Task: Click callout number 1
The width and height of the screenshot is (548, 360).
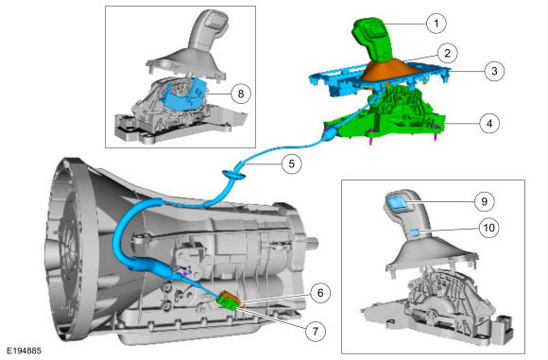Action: click(x=437, y=24)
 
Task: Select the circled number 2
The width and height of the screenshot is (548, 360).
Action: click(x=447, y=53)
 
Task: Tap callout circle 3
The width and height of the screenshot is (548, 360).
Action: click(x=494, y=71)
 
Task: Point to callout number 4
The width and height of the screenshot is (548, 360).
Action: click(x=489, y=123)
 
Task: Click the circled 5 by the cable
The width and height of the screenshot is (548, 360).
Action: click(x=292, y=163)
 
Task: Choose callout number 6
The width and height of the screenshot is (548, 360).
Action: click(x=320, y=293)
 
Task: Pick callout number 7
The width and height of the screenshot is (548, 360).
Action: click(x=316, y=331)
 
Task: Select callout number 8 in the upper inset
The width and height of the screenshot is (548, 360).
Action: click(x=240, y=94)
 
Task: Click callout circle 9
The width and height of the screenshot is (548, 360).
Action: click(x=484, y=201)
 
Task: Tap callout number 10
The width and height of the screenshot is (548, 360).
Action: click(x=488, y=228)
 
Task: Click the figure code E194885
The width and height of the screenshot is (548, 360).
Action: click(x=25, y=351)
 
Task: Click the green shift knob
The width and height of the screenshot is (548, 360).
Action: click(x=372, y=41)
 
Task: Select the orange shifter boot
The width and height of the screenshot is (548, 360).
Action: click(x=391, y=72)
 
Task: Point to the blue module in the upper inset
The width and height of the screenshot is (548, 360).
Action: click(x=182, y=95)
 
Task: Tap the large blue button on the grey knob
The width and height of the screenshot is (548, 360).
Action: click(x=397, y=202)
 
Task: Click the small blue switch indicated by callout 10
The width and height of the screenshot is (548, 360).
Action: click(x=415, y=232)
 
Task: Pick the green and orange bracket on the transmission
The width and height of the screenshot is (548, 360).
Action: click(x=229, y=300)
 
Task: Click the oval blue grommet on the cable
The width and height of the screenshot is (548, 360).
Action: click(x=234, y=174)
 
